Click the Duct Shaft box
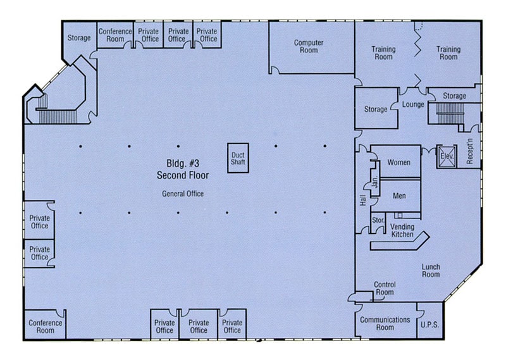tap(238, 158)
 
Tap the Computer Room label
tap(309, 46)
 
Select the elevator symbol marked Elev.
tap(446, 157)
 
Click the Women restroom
tap(398, 163)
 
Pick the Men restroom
tap(398, 196)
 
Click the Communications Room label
tap(385, 323)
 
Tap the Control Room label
tap(384, 289)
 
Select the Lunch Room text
tap(431, 271)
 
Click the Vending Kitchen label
tap(402, 230)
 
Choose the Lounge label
tap(413, 104)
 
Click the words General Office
tap(183, 194)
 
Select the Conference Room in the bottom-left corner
tap(46, 326)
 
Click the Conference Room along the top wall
tap(115, 35)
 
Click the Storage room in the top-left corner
tap(79, 38)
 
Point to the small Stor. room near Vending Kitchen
tap(378, 221)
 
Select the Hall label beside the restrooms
tap(362, 199)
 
